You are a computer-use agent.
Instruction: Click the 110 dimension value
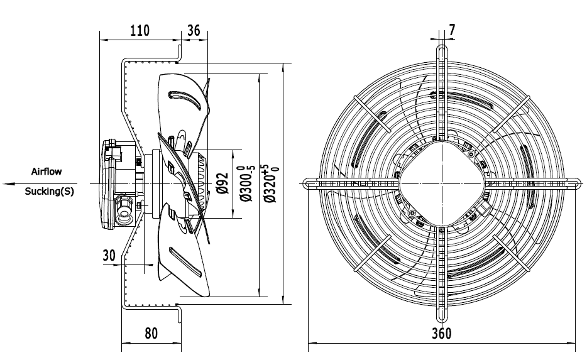pyautogui.click(x=139, y=31)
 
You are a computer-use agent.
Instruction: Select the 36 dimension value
pyautogui.click(x=194, y=31)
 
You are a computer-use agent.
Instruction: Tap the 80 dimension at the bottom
pyautogui.click(x=151, y=333)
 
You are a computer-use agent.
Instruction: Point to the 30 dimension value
pyautogui.click(x=109, y=256)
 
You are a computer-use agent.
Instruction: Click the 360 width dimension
pyautogui.click(x=442, y=333)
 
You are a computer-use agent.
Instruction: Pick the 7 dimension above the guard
pyautogui.click(x=453, y=28)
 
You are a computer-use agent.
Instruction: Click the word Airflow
pyautogui.click(x=47, y=171)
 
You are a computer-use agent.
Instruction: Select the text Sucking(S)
pyautogui.click(x=49, y=192)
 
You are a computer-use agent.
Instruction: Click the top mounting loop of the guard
pyautogui.click(x=441, y=50)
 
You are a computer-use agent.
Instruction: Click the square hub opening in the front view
pyautogui.click(x=441, y=183)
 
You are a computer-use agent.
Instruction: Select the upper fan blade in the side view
pyautogui.click(x=182, y=101)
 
